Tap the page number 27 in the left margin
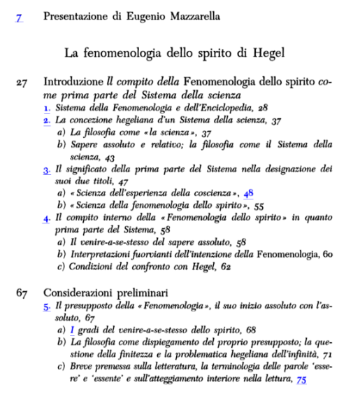point(22,83)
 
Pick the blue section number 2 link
point(46,121)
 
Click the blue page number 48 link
point(248,193)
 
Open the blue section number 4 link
point(46,218)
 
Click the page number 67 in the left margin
point(22,291)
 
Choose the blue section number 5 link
point(46,306)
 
